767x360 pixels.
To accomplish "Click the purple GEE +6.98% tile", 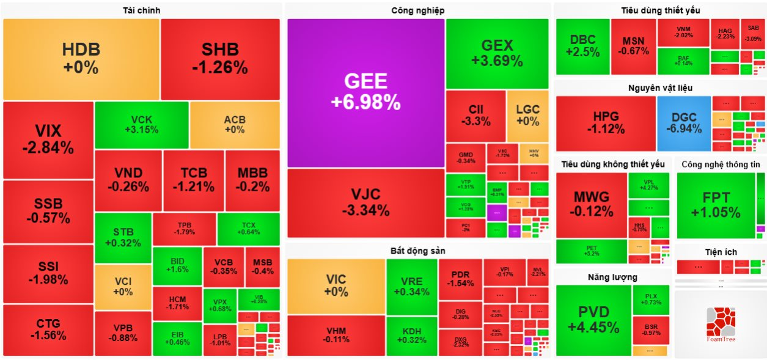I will pyautogui.click(x=365, y=92).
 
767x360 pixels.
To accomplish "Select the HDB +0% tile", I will pyautogui.click(x=81, y=59).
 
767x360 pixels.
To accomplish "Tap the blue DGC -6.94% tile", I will pyautogui.click(x=684, y=123).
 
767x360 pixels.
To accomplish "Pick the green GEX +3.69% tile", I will pyautogui.click(x=497, y=53).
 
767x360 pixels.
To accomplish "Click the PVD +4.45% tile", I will pyautogui.click(x=593, y=320).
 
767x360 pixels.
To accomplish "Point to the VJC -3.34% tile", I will pyautogui.click(x=365, y=203).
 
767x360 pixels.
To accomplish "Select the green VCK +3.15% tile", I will pyautogui.click(x=141, y=124).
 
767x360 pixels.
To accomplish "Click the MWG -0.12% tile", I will pyautogui.click(x=591, y=205).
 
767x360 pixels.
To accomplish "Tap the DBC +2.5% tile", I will pyautogui.click(x=582, y=46).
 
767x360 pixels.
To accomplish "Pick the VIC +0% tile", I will pyautogui.click(x=336, y=286).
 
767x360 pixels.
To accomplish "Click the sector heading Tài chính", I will pyautogui.click(x=141, y=10).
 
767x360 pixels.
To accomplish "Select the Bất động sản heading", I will pyautogui.click(x=418, y=251).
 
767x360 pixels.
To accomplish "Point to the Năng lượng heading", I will pyautogui.click(x=612, y=277).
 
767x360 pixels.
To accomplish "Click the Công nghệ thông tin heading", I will pyautogui.click(x=721, y=164).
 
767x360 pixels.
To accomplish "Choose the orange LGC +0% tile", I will pyautogui.click(x=527, y=116).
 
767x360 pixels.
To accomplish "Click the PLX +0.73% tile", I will pyautogui.click(x=651, y=299).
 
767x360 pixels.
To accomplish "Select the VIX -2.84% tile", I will pyautogui.click(x=48, y=139).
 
